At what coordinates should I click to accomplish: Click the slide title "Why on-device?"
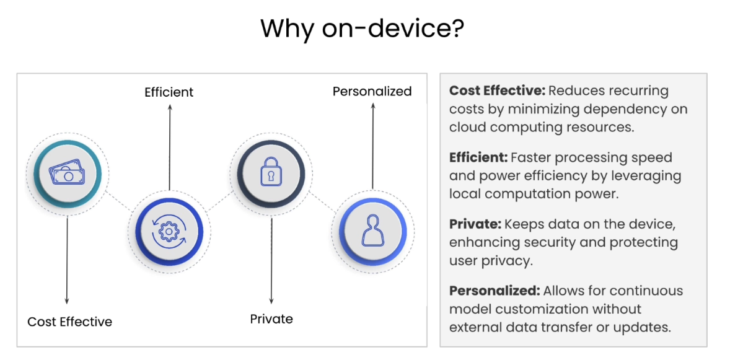click(362, 29)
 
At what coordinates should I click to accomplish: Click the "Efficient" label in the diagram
click(169, 92)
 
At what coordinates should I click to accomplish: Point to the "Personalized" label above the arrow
click(372, 92)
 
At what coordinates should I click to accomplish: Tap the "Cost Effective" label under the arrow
click(69, 322)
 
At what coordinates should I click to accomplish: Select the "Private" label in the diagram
click(271, 319)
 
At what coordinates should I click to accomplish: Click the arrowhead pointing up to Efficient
click(169, 108)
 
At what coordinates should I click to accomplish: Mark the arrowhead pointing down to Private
click(271, 302)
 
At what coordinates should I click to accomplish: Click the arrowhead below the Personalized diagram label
click(372, 107)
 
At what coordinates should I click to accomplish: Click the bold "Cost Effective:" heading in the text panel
click(497, 91)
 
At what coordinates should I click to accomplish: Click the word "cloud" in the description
click(468, 127)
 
